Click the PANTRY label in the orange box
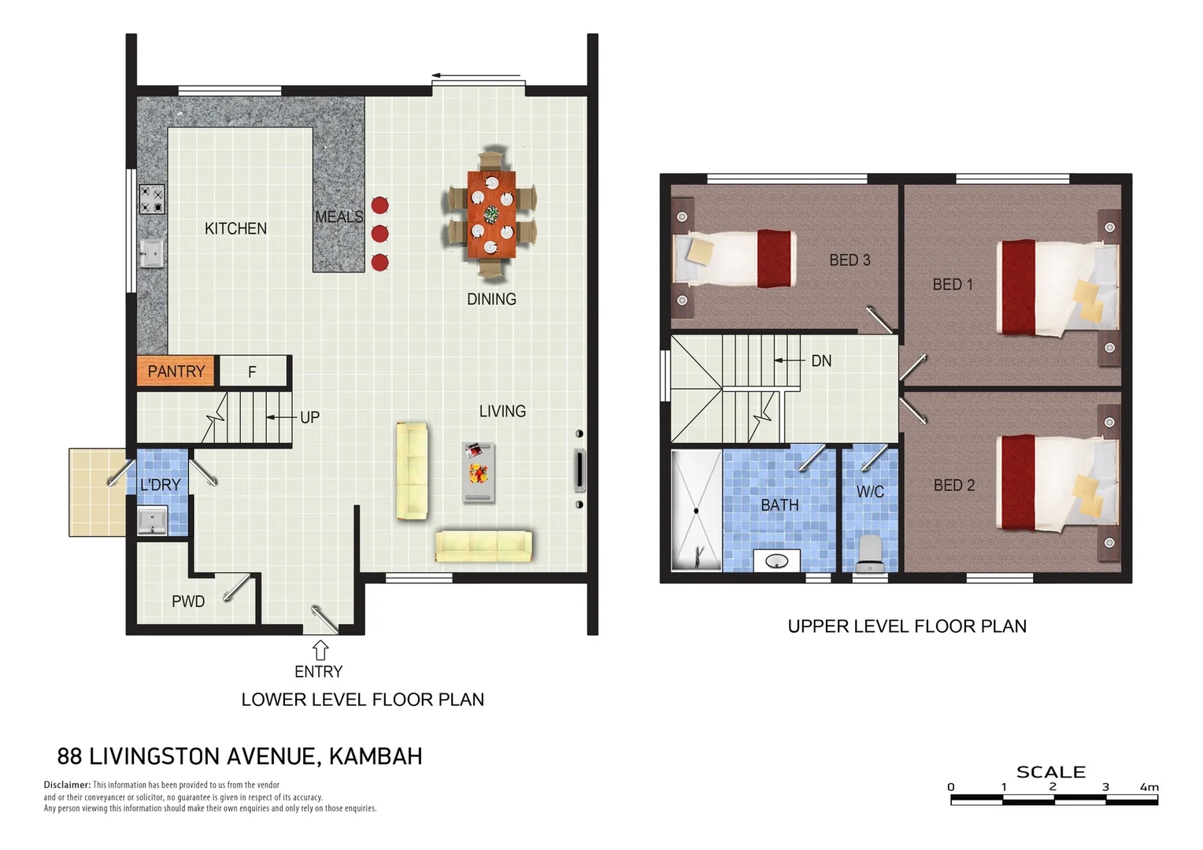pyautogui.click(x=176, y=371)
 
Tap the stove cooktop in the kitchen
pyautogui.click(x=152, y=199)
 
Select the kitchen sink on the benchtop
pyautogui.click(x=151, y=253)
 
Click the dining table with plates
pyautogui.click(x=491, y=214)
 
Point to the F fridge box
pyautogui.click(x=252, y=371)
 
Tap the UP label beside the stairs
pyautogui.click(x=309, y=417)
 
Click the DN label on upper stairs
pyautogui.click(x=820, y=360)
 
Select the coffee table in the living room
pyautogui.click(x=479, y=472)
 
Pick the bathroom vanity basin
pyautogui.click(x=777, y=561)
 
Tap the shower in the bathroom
pyautogui.click(x=696, y=510)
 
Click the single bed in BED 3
pyautogui.click(x=735, y=259)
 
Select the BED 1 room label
pyautogui.click(x=953, y=284)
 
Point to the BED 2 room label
pyautogui.click(x=953, y=486)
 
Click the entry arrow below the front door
pyautogui.click(x=320, y=650)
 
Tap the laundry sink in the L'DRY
pyautogui.click(x=152, y=520)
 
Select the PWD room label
pyautogui.click(x=188, y=601)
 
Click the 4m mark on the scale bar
pyautogui.click(x=1149, y=788)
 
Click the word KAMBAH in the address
pyautogui.click(x=376, y=756)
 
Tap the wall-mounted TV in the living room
pyautogui.click(x=579, y=471)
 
